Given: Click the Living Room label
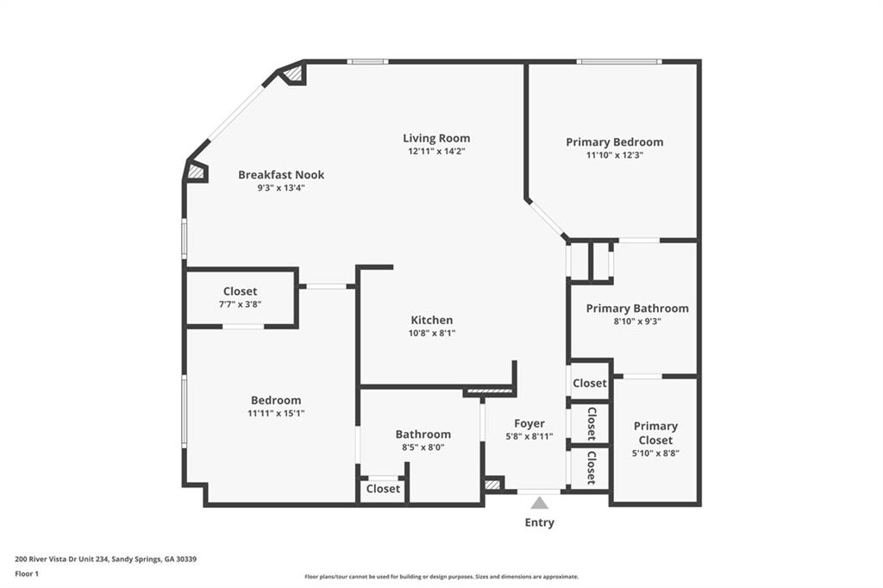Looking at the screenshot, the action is (436, 138).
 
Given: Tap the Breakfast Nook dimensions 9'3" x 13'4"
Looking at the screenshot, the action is (281, 188).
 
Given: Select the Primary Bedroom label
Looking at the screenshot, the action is (614, 142).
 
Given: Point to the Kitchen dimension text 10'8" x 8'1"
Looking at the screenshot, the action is (432, 333).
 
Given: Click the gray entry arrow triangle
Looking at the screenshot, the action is (540, 503).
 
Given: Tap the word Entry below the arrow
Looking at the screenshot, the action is (540, 522).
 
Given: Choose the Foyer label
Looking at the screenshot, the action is (529, 423).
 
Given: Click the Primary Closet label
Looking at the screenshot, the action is (655, 433).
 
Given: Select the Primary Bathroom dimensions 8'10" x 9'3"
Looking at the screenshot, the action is (637, 322).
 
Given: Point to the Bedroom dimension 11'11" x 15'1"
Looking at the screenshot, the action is (276, 413).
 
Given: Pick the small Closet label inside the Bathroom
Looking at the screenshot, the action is (383, 489).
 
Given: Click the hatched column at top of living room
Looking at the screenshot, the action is (292, 73).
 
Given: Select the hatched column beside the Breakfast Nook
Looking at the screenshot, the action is (196, 172).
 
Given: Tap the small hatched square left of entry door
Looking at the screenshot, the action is (492, 485).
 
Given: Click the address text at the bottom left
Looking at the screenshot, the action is (106, 560).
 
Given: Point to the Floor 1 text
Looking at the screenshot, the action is (27, 574).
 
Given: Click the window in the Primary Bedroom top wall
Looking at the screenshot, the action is (619, 61).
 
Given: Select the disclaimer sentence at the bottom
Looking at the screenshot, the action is (441, 577).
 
